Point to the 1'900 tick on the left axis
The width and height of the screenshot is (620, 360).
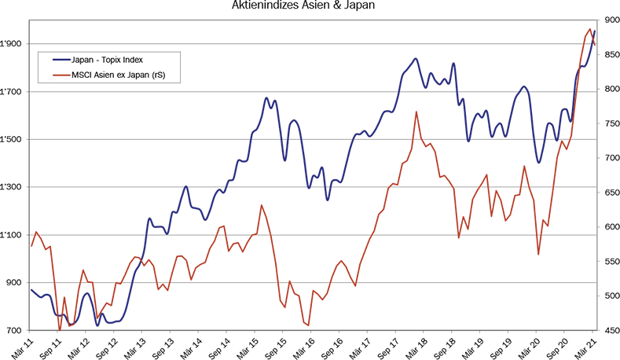13,44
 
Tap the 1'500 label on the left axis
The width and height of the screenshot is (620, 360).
13,140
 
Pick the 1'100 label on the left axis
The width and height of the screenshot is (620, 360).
13,235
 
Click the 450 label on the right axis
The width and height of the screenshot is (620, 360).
608,330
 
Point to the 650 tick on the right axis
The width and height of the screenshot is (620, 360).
608,193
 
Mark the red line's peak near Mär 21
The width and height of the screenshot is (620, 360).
589,29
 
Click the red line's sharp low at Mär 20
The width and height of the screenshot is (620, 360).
538,254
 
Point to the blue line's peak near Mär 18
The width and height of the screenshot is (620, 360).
415,58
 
